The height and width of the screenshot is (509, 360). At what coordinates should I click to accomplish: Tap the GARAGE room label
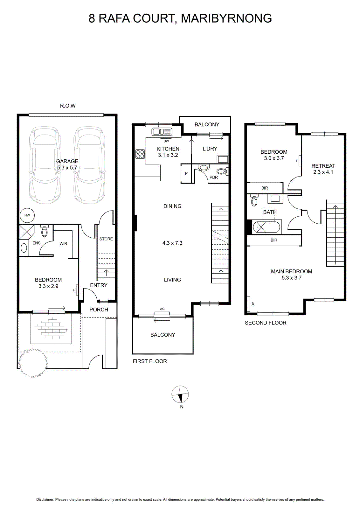(67, 161)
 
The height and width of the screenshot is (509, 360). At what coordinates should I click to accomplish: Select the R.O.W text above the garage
(68, 106)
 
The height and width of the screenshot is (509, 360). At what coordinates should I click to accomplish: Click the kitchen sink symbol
(162, 132)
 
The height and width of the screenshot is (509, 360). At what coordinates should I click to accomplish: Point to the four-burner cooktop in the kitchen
(140, 154)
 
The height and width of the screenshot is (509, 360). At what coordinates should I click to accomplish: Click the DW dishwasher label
(166, 141)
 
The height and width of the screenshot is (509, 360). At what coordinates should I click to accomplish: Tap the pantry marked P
(186, 173)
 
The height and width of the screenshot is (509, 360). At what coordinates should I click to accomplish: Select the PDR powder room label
(214, 177)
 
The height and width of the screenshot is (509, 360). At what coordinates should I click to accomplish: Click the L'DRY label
(210, 149)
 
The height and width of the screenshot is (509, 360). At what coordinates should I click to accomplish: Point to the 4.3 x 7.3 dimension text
(172, 243)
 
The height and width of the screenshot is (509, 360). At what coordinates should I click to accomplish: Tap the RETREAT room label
(323, 166)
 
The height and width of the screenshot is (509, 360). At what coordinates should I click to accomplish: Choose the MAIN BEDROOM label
(291, 271)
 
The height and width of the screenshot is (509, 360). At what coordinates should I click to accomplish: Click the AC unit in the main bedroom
(248, 304)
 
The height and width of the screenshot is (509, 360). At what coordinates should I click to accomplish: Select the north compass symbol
(180, 394)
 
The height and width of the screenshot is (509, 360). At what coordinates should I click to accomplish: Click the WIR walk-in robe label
(63, 244)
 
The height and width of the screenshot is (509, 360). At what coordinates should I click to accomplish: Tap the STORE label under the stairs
(106, 239)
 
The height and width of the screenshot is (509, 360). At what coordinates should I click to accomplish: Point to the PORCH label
(99, 310)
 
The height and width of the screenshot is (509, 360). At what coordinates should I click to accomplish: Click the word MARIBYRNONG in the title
(226, 18)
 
